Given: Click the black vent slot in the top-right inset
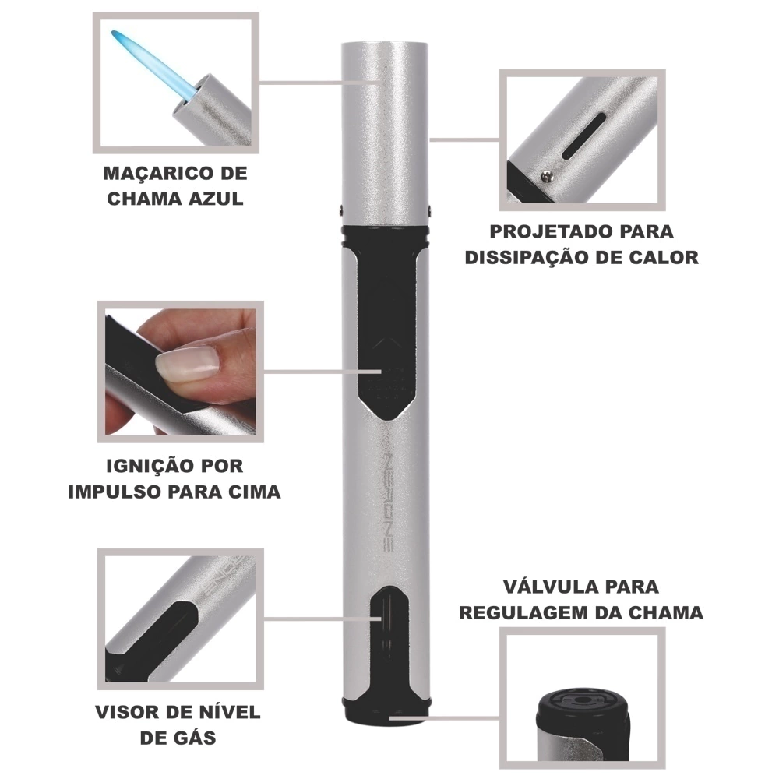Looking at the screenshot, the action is coord(584,136).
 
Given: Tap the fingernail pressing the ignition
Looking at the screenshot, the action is coord(188,363).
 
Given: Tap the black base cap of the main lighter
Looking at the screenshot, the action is coord(386,710).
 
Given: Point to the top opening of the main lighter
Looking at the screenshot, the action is coord(385,43).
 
